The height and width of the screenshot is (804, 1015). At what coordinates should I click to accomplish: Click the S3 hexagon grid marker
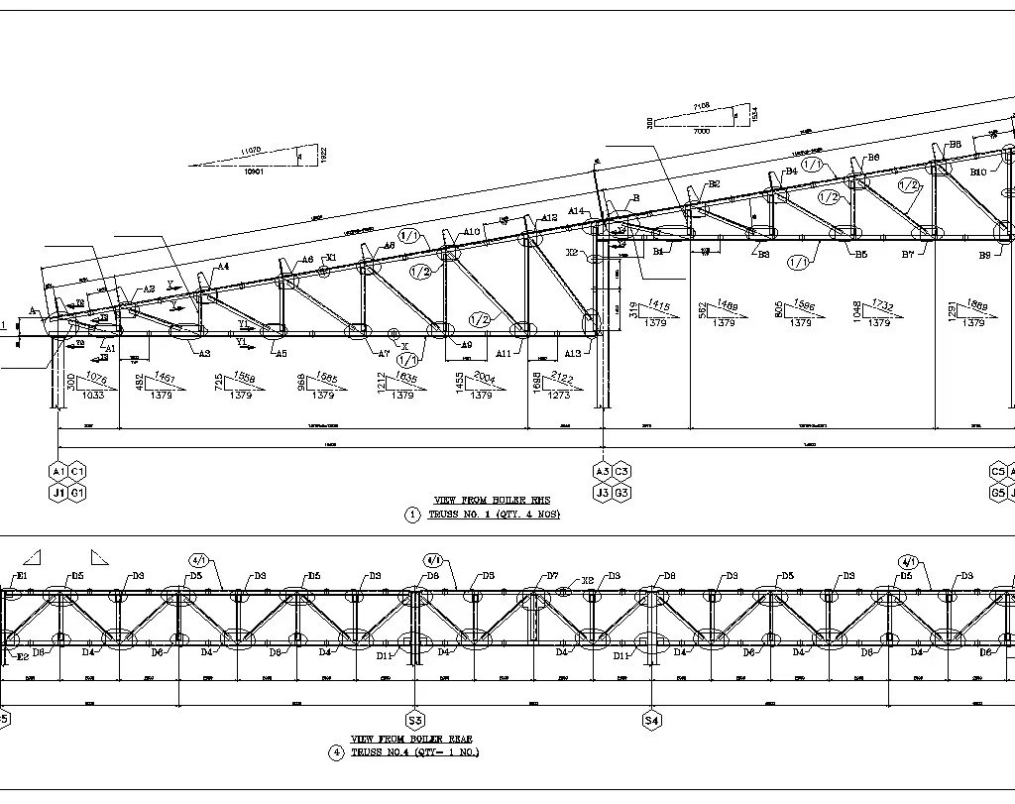415,720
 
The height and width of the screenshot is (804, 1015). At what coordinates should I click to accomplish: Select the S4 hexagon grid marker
651,720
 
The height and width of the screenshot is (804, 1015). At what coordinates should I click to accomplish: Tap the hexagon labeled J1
58,492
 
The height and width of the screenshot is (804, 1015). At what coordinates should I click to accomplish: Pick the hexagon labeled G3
621,492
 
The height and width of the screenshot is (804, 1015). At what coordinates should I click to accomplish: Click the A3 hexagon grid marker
602,471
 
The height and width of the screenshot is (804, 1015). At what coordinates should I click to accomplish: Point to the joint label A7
384,354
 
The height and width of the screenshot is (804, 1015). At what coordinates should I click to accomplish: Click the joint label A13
573,354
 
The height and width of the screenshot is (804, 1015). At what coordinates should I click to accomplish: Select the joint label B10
978,172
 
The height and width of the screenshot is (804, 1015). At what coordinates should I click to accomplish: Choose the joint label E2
22,656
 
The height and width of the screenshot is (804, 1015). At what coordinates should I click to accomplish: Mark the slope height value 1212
381,383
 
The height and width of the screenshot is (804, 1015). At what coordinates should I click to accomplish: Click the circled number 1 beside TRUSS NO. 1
412,515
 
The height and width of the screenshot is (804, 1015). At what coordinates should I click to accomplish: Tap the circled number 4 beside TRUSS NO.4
336,752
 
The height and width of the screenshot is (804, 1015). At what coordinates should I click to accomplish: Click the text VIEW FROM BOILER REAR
411,740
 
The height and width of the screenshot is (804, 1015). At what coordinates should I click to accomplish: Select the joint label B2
714,185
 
